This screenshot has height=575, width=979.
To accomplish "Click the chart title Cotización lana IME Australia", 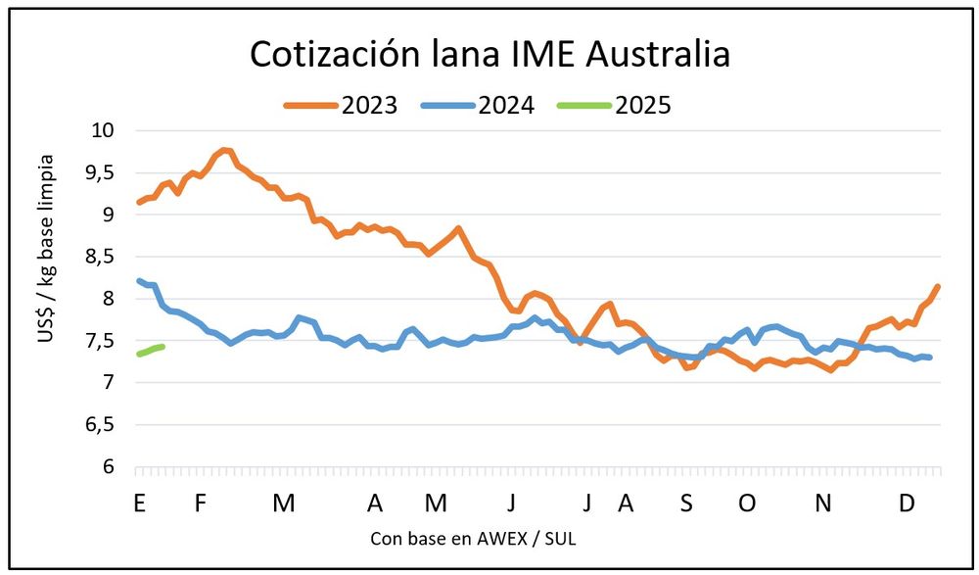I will [489, 54].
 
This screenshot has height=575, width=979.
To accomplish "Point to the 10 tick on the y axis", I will [101, 130].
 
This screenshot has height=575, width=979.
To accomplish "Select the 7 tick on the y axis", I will [108, 383].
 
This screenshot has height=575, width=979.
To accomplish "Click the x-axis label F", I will [201, 503].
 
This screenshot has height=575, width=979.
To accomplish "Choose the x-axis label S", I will [686, 503].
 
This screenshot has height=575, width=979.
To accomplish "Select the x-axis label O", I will [747, 503].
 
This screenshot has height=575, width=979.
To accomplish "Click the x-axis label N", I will [824, 503].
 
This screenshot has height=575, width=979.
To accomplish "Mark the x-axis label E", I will [139, 503].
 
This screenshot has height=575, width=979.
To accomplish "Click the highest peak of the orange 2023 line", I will [224, 150].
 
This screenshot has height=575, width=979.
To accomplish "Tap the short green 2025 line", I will [151, 350].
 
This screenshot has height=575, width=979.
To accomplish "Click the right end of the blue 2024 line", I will [930, 358].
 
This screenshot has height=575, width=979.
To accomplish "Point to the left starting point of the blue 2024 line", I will [138, 280].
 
